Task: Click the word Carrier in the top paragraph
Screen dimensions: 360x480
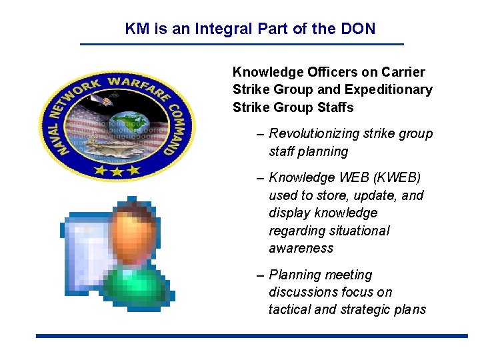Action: click(403, 72)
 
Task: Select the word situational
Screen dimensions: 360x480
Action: click(357, 231)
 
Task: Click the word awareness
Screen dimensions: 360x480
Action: click(301, 248)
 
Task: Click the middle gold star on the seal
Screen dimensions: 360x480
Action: click(117, 172)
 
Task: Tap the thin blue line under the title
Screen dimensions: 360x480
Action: click(242, 44)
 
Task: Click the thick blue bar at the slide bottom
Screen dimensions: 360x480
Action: click(252, 336)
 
